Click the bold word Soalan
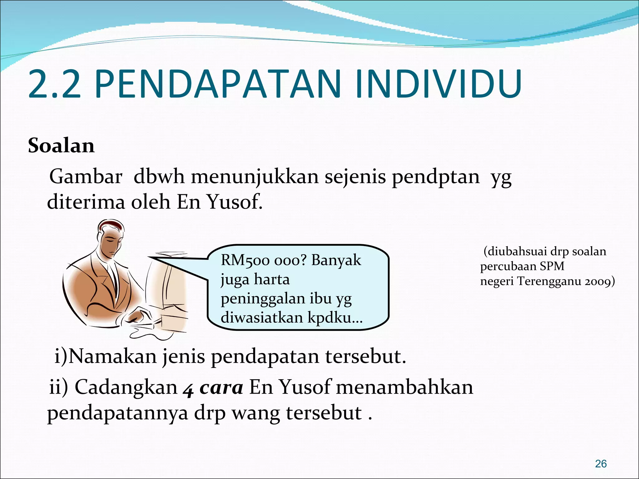pos(61,146)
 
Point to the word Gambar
pos(85,177)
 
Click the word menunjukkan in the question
pos(255,177)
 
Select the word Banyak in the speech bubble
pos(336,260)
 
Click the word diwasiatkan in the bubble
pos(262,317)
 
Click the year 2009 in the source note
pos(598,281)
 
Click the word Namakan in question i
pos(113,356)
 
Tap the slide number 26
pos(601,464)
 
